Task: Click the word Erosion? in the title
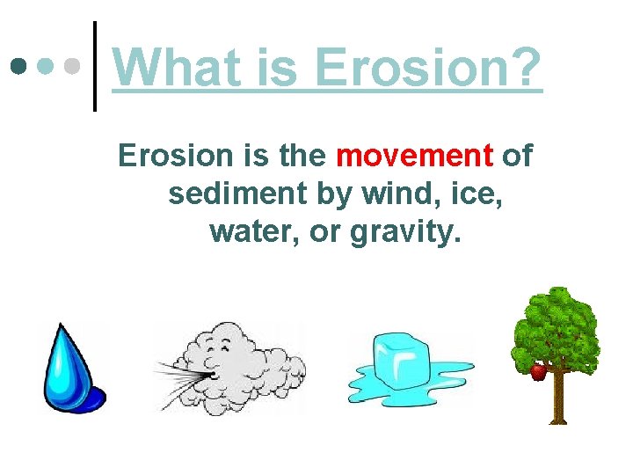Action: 428,69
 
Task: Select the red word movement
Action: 415,156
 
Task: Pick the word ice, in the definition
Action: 477,194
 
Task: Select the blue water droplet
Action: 71,367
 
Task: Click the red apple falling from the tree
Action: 538,372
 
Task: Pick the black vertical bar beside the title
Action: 95,66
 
